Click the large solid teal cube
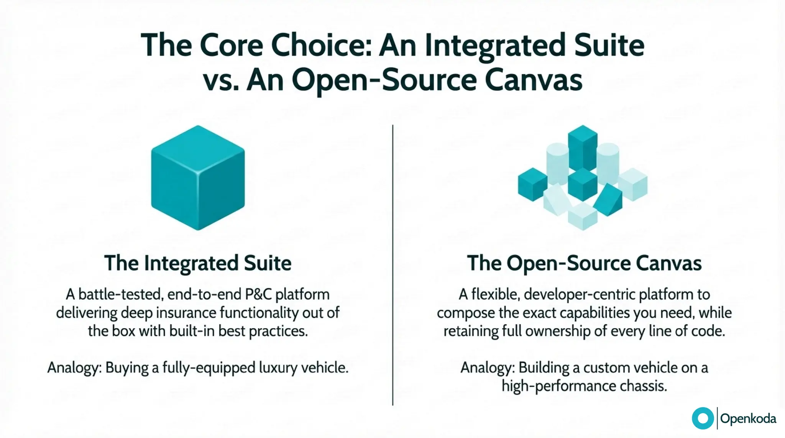[x=198, y=177]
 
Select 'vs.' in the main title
[x=221, y=80]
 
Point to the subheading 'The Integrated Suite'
[x=198, y=263]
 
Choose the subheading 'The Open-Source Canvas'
[x=584, y=263]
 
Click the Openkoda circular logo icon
[x=703, y=418]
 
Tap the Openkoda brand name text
[x=748, y=418]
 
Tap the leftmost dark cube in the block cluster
[x=532, y=184]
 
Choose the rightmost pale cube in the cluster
[x=633, y=184]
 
